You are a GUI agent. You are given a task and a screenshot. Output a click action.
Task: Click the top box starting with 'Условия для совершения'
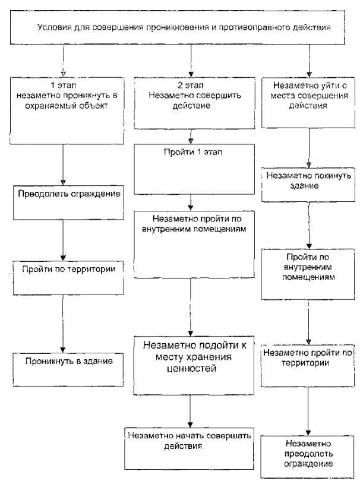[182, 28]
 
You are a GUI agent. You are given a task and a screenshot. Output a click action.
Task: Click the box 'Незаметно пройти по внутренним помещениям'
[190, 243]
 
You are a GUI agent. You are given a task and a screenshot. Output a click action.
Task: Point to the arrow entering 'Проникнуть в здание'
[62, 323]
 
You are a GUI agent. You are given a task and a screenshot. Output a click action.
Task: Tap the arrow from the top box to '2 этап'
[191, 60]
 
